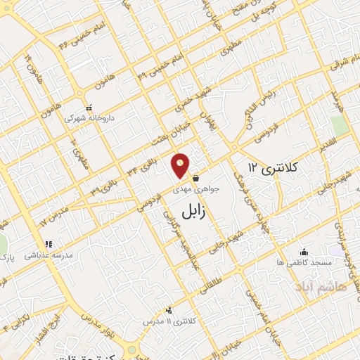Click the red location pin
181,166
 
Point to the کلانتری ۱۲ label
274,167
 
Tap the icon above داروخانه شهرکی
89,108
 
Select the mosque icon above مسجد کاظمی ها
304,252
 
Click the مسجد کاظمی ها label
304,262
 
